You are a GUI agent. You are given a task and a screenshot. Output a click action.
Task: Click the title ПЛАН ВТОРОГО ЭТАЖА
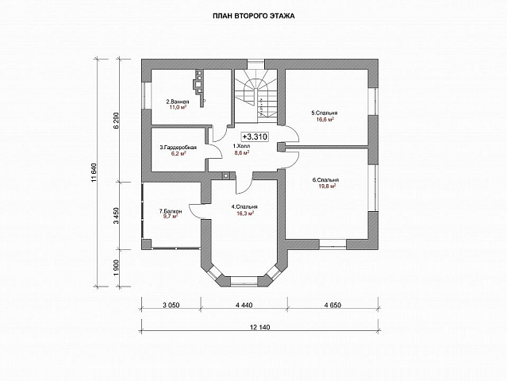pyautogui.click(x=254, y=16)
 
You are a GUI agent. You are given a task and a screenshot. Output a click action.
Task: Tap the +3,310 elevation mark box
pyautogui.click(x=255, y=137)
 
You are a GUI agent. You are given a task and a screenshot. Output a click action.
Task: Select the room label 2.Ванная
pyautogui.click(x=178, y=102)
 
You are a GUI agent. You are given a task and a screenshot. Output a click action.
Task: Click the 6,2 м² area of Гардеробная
pyautogui.click(x=179, y=154)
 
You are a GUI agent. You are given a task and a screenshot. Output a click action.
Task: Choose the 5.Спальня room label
pyautogui.click(x=325, y=114)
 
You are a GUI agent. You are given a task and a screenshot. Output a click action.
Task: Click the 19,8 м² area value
pyautogui.click(x=325, y=186)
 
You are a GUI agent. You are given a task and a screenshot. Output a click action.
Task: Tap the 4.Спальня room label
pyautogui.click(x=244, y=207)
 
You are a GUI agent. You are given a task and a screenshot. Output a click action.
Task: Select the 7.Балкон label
pyautogui.click(x=171, y=211)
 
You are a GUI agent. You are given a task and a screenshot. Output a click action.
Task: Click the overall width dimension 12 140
pyautogui.click(x=259, y=327)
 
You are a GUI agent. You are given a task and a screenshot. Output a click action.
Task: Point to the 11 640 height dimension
pyautogui.click(x=94, y=173)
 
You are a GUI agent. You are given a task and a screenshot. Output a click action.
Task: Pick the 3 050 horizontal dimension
pyautogui.click(x=171, y=305)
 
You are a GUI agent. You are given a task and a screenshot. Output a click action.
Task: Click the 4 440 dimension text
pyautogui.click(x=244, y=305)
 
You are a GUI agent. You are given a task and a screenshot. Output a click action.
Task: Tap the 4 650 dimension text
pyautogui.click(x=332, y=305)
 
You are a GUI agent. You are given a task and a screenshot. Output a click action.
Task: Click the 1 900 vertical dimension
pyautogui.click(x=117, y=267)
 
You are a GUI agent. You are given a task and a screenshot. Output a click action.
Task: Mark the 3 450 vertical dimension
pyautogui.click(x=117, y=216)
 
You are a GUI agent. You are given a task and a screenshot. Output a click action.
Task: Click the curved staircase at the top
pyautogui.click(x=255, y=96)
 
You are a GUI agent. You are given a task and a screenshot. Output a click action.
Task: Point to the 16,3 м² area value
pyautogui.click(x=245, y=214)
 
